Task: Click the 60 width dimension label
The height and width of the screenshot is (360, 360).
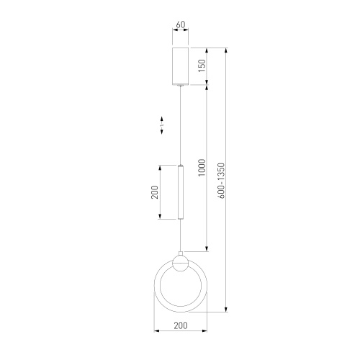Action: pos(181,24)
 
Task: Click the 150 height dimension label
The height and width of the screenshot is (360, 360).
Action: pos(202,66)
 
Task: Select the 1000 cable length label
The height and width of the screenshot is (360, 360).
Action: pos(202,167)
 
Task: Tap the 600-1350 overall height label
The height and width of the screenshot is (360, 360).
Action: pos(221,181)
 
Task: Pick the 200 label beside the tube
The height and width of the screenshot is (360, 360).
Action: pos(155,192)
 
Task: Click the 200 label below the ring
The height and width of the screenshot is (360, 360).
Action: pos(181,325)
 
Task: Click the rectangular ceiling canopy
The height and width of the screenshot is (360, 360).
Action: pos(181,66)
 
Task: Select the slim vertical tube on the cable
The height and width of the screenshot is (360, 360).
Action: pos(181,192)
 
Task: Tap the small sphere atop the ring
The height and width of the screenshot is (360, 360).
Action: pos(181,264)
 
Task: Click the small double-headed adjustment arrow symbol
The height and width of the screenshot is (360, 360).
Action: pos(162,125)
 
